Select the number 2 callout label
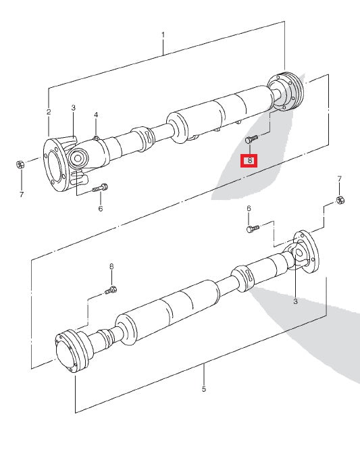click(49, 111)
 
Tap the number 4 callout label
click(96, 115)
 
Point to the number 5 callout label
click(204, 389)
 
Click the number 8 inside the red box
click(250, 161)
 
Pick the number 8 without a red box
click(111, 267)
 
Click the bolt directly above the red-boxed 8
click(251, 138)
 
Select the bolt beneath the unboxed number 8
click(111, 290)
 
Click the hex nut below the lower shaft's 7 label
click(340, 200)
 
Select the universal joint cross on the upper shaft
click(79, 158)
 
